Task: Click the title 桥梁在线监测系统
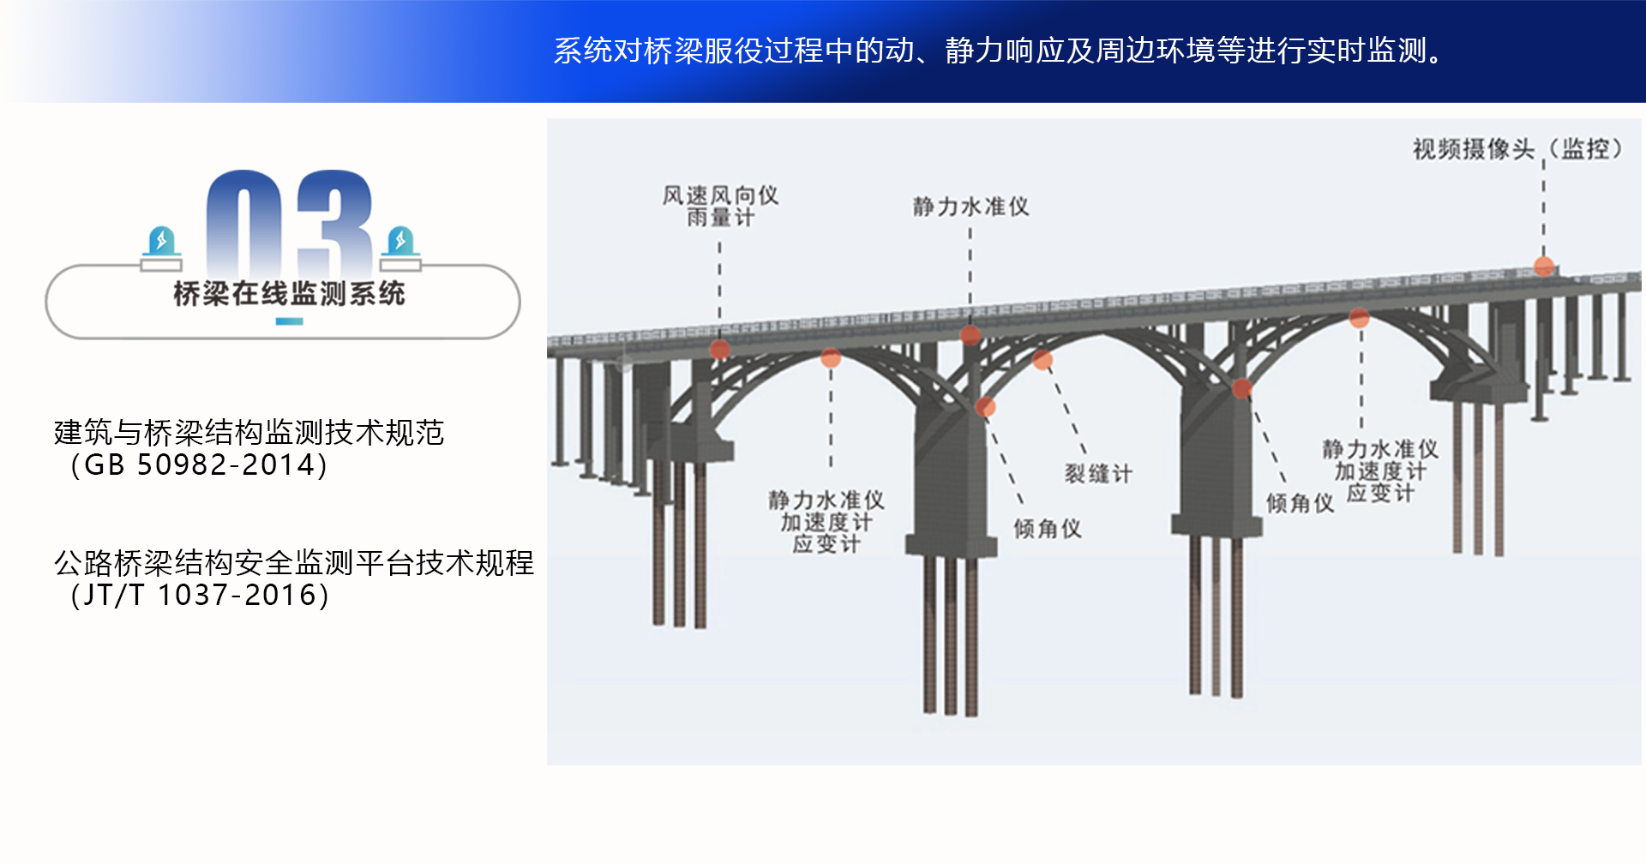[289, 294]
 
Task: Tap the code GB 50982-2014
[199, 465]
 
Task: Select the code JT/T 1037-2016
[201, 596]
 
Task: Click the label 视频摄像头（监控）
[1517, 149]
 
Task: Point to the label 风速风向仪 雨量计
[720, 207]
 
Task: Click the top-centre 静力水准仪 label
[970, 207]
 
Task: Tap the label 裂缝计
[1098, 473]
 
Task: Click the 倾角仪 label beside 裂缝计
[1047, 529]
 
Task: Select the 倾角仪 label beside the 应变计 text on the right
[1300, 503]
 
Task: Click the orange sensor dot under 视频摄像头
[1544, 267]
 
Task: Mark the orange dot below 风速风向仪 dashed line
[720, 349]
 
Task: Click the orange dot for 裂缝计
[1042, 360]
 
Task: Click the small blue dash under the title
[289, 322]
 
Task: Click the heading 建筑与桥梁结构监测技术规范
[249, 433]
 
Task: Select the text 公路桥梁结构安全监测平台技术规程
[294, 563]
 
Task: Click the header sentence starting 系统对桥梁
[999, 51]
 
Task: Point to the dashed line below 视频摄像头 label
[1544, 210]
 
